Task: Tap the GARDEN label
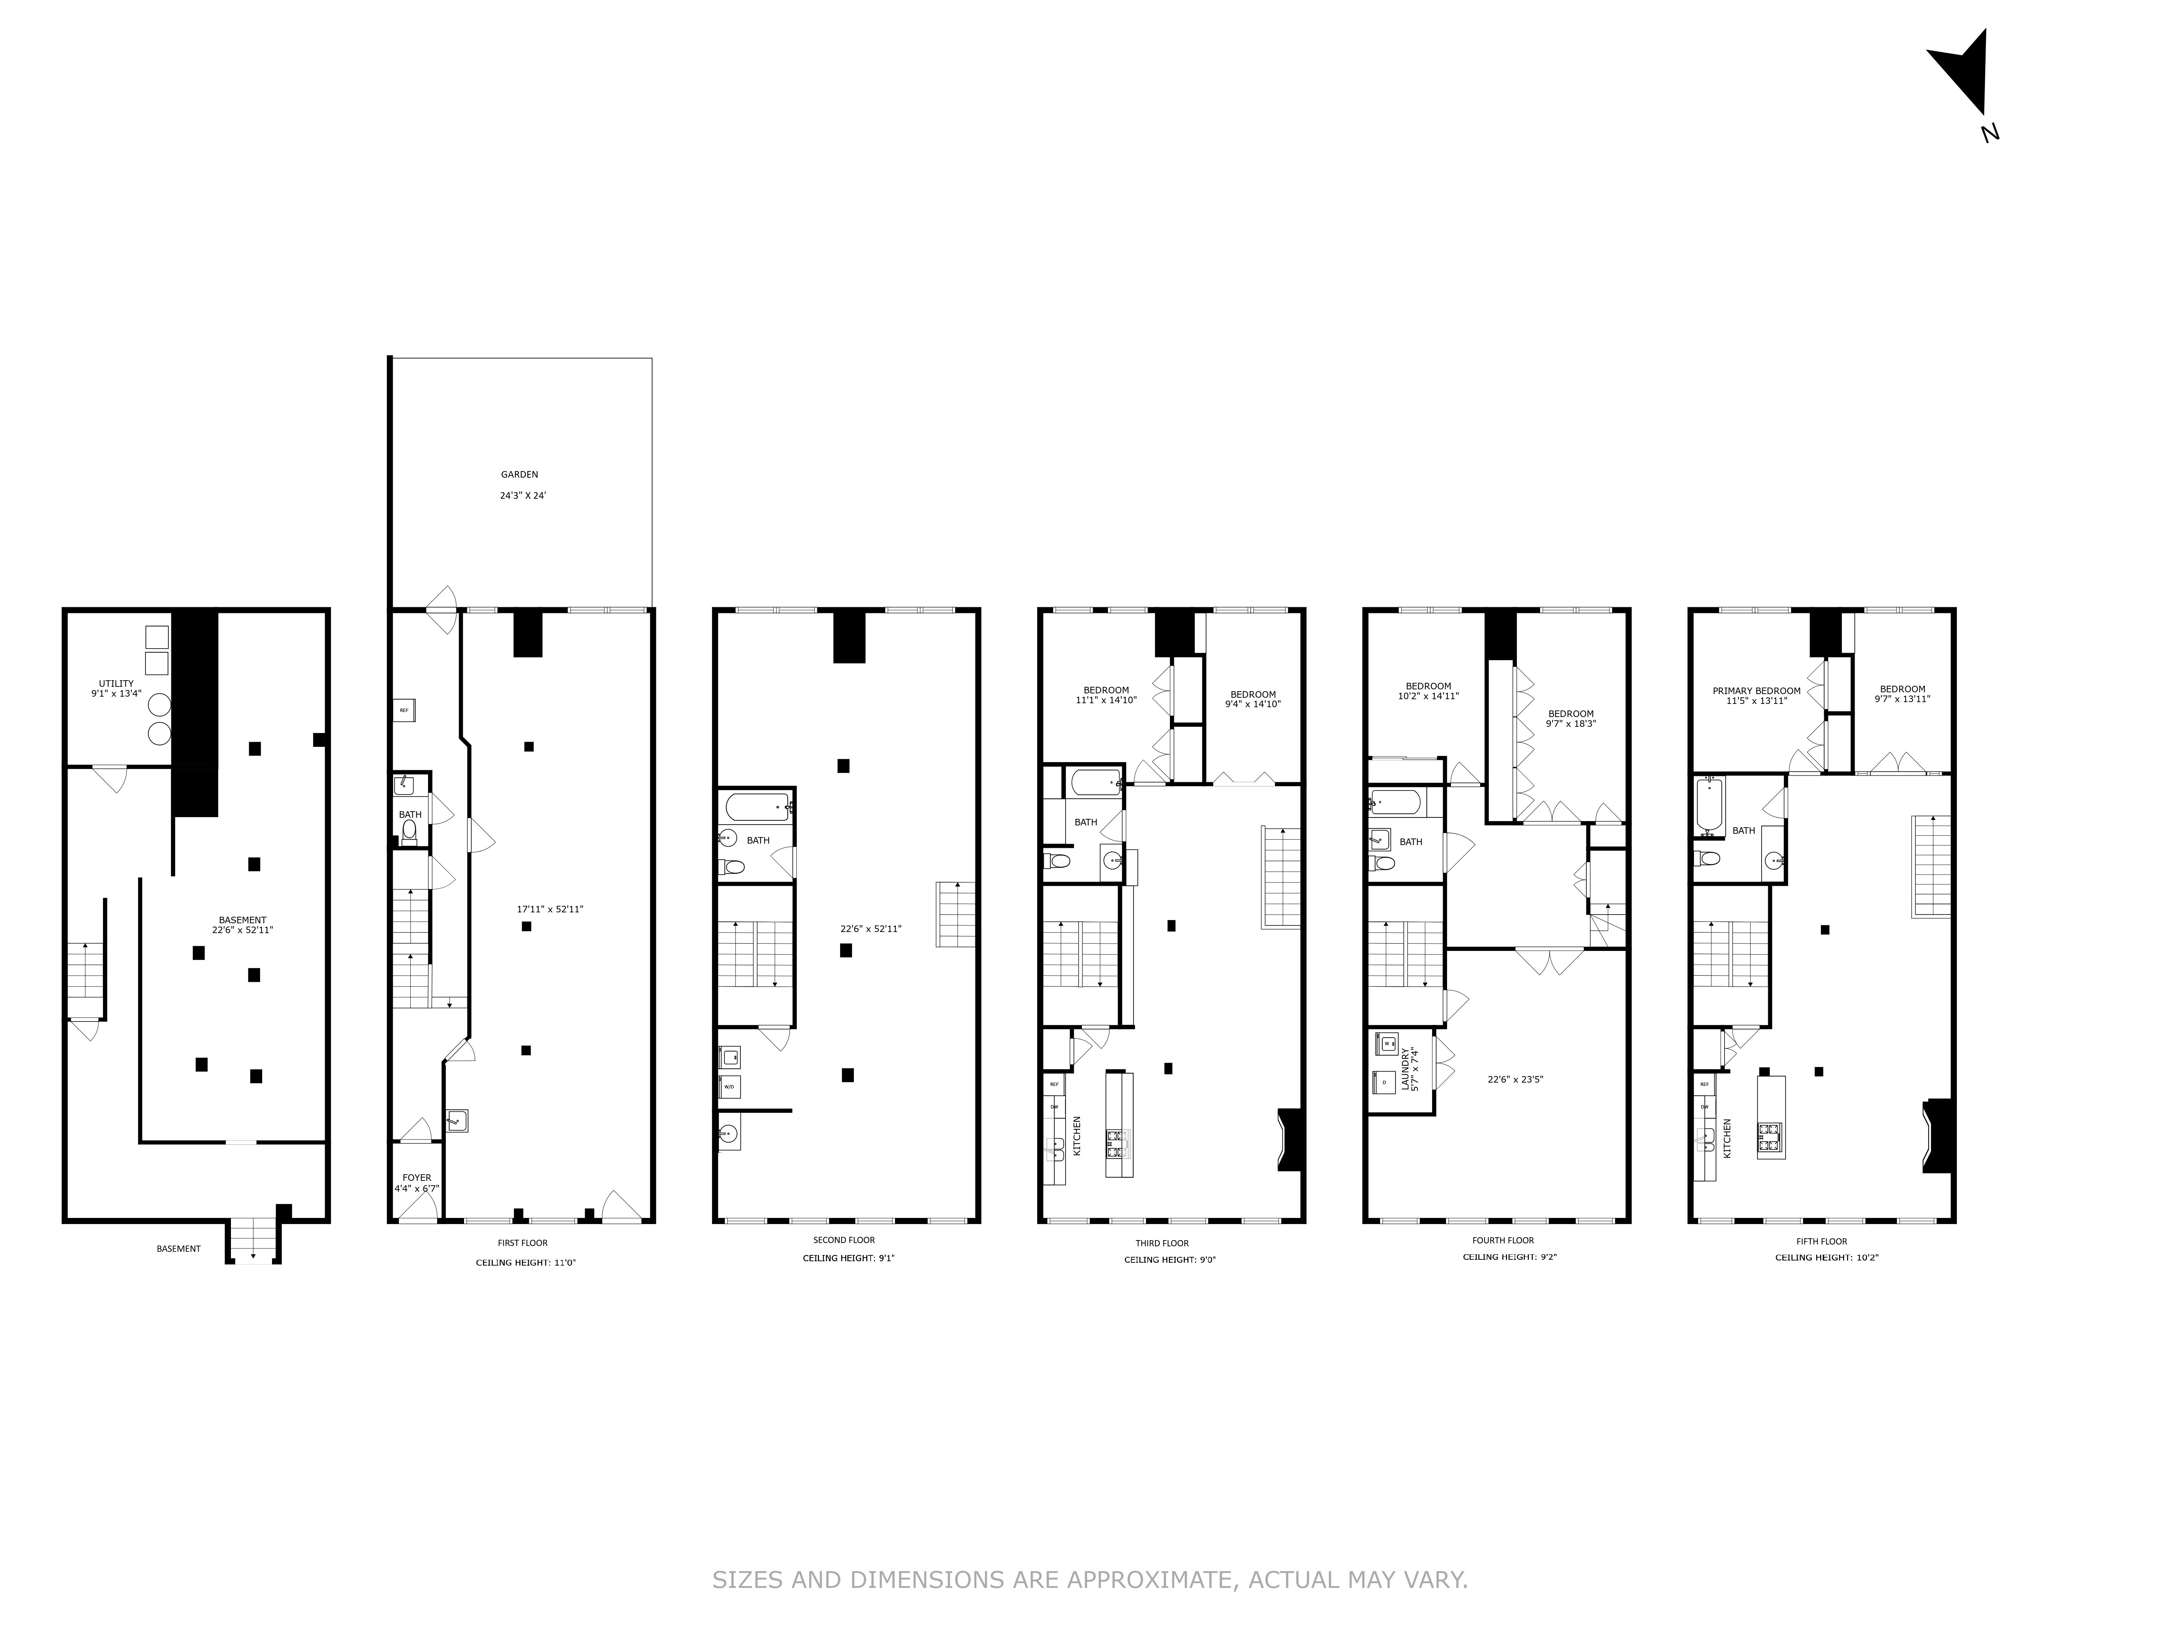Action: (520, 475)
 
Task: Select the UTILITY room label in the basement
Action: (116, 684)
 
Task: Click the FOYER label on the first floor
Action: (416, 1177)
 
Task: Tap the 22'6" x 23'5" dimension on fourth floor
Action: (1515, 1079)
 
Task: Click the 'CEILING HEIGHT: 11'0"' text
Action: (525, 1262)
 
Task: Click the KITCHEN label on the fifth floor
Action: (1726, 1138)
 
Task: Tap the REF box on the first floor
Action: (403, 709)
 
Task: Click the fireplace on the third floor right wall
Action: (1292, 1140)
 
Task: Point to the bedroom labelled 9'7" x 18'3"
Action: (1570, 718)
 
